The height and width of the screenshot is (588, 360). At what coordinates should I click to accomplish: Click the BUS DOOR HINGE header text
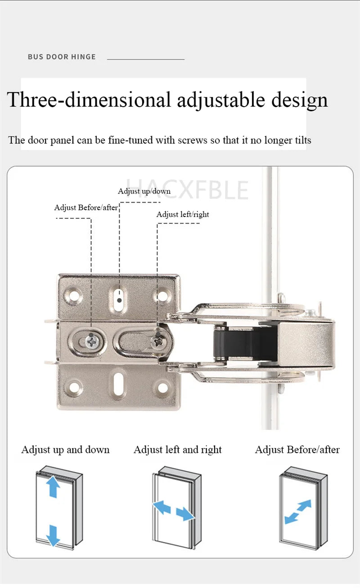(x=62, y=57)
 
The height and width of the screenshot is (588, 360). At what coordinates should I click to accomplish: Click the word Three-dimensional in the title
(x=89, y=100)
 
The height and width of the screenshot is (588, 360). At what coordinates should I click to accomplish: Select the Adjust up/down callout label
(x=144, y=191)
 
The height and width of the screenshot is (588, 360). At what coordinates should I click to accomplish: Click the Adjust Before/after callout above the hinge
(x=86, y=208)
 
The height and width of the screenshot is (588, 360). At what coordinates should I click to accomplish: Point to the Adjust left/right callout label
(x=183, y=214)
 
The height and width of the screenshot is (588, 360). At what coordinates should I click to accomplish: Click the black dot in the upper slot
(x=119, y=299)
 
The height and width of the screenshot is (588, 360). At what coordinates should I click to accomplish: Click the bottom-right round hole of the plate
(x=162, y=387)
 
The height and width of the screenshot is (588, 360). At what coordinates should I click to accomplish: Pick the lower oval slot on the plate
(x=119, y=382)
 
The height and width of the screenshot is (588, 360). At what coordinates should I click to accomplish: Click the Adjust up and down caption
(x=65, y=450)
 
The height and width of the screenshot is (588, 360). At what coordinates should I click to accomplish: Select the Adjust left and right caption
(x=178, y=450)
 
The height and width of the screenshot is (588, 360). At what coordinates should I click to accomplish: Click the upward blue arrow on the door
(x=53, y=488)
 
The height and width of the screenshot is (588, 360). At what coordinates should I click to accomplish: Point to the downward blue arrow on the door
(x=53, y=534)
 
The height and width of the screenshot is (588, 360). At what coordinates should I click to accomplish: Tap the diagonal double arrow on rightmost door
(x=298, y=511)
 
